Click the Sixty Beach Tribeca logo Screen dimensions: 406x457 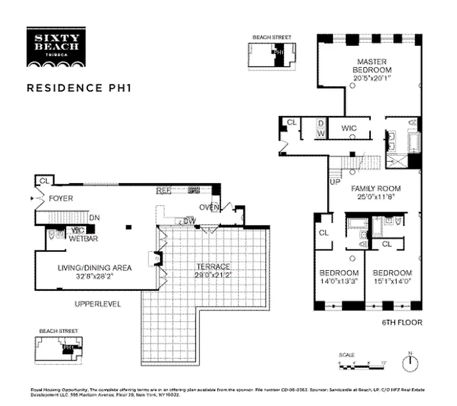click(x=56, y=47)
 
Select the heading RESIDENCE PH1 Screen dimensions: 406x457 click(x=79, y=87)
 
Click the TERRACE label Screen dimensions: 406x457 click(x=213, y=267)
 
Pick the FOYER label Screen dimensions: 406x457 click(x=60, y=198)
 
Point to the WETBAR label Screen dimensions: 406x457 click(x=84, y=238)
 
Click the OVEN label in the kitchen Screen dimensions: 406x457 click(x=208, y=207)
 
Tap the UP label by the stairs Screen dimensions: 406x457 click(x=335, y=181)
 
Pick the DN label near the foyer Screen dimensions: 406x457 click(x=94, y=218)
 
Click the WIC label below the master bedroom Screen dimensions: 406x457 click(x=349, y=129)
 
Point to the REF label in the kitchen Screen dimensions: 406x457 click(x=163, y=191)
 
